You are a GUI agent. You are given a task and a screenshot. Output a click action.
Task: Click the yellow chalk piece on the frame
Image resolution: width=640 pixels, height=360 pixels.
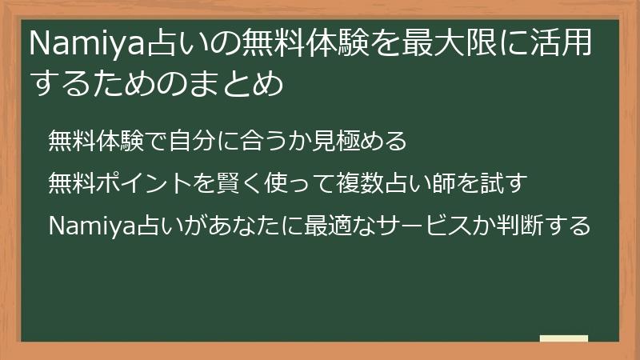(563, 338)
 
